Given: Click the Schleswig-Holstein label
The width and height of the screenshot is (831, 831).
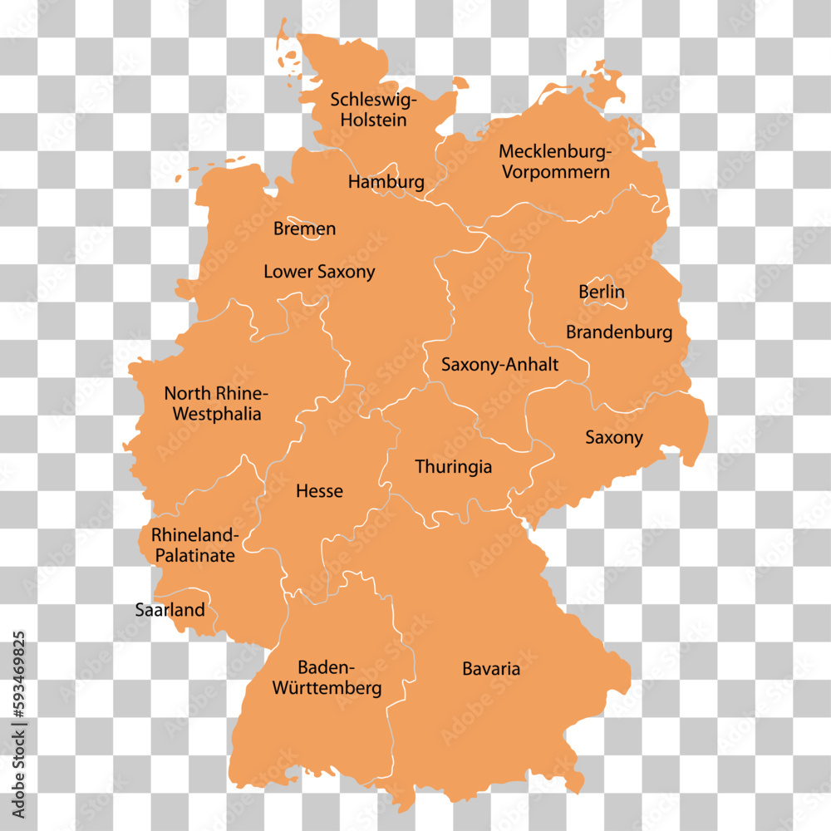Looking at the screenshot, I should tap(373, 110).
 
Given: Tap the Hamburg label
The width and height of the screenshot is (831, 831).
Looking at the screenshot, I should tap(386, 181).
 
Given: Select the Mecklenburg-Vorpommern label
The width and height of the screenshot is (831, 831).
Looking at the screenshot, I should tap(554, 162).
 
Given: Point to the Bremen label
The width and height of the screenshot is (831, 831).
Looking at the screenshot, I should tap(305, 229).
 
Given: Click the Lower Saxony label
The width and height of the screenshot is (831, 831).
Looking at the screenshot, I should tap(319, 272).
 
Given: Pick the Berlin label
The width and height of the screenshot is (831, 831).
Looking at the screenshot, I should tap(602, 293).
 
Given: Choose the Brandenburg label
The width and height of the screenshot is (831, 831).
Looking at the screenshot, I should tap(619, 332).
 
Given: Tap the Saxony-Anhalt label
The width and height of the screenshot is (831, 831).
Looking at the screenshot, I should tap(499, 364).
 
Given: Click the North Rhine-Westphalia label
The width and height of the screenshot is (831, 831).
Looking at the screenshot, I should tap(216, 403).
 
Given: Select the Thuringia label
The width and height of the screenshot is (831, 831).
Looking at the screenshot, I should tap(454, 467).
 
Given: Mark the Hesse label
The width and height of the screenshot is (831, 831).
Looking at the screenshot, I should tap(319, 491).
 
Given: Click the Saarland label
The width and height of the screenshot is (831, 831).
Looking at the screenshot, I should tap(170, 610).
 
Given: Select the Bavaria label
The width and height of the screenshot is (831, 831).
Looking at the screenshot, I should tap(491, 669).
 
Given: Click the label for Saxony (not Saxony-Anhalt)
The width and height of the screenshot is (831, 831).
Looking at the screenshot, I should tap(614, 437).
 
